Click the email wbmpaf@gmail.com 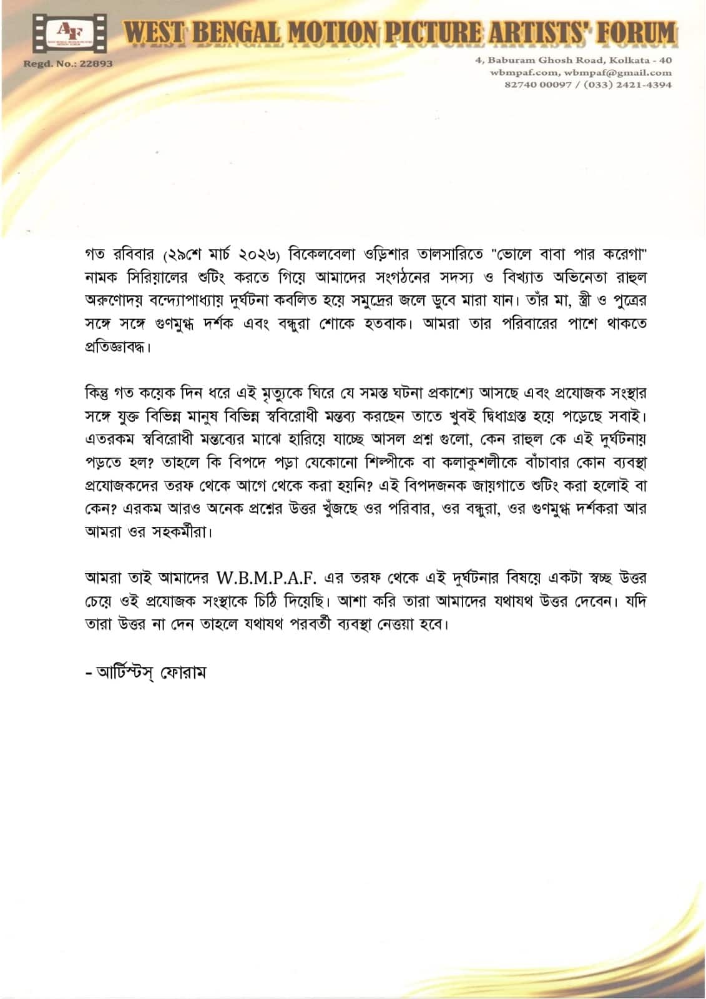click(x=619, y=72)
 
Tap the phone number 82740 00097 click(x=538, y=84)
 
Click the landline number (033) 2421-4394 click(x=627, y=84)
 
